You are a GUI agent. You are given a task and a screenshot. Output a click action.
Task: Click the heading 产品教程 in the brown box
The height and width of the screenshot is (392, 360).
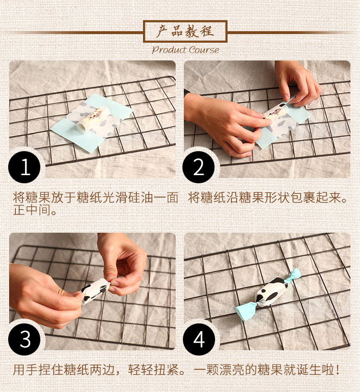coord(185,32)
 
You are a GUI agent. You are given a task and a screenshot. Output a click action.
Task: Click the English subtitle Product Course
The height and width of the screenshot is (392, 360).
coord(185,50)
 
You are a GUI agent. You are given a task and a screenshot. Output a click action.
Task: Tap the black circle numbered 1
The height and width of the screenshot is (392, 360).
coord(24,167)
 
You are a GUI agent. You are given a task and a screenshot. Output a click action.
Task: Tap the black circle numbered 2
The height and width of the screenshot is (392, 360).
coord(199,167)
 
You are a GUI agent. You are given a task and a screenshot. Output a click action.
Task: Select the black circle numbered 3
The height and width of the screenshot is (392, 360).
coord(24,339)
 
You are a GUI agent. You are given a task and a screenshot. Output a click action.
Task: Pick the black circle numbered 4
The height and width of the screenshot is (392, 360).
coord(199,339)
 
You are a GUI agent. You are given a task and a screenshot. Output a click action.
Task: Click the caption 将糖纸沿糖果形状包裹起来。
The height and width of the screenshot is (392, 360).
coord(268,198)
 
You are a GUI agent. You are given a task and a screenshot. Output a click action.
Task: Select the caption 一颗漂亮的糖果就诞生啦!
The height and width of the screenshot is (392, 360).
coord(267,370)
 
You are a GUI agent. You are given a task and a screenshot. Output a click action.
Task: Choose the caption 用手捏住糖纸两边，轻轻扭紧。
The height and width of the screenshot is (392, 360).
coord(99,370)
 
